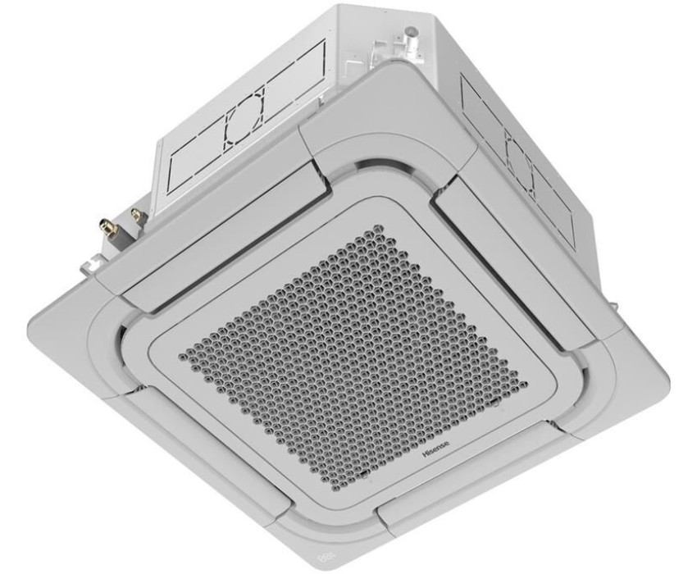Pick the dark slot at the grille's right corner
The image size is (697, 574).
(494, 402)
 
